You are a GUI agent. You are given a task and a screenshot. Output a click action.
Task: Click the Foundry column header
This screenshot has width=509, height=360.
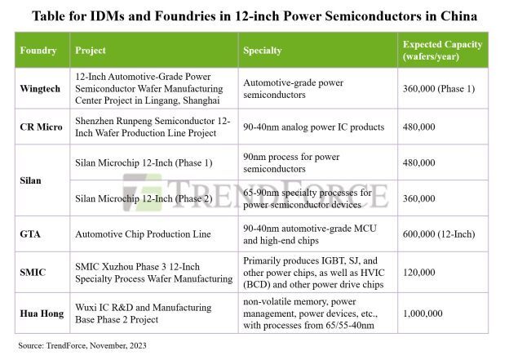pos(38,51)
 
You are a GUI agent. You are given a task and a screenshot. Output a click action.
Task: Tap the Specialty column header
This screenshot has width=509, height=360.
pos(262,51)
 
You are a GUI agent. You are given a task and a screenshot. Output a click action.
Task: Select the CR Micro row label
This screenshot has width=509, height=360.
pos(40,127)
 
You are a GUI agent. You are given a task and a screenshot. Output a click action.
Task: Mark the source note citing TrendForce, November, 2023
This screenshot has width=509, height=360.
pos(77,346)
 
